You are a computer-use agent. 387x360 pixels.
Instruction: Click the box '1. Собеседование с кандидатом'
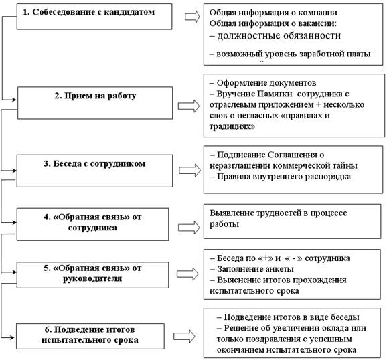[x=94, y=17]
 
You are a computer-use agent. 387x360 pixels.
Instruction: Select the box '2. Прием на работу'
[x=95, y=103]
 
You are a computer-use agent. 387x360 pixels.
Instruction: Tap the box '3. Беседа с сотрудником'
[x=94, y=171]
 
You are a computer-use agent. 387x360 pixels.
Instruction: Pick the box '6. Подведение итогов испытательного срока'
[x=90, y=336]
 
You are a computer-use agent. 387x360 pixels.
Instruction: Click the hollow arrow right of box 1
[x=192, y=17]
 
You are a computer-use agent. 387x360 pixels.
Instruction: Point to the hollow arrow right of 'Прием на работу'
[x=189, y=106]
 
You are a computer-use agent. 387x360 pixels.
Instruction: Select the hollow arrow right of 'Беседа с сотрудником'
[x=189, y=170]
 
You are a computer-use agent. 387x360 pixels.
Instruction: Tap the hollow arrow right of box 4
[x=189, y=228]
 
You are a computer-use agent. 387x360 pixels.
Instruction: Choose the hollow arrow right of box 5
[x=187, y=274]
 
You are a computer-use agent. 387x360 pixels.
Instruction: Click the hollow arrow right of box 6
[x=184, y=336]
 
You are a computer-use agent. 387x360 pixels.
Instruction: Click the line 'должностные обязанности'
[x=275, y=36]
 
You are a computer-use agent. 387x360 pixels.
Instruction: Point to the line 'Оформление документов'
[x=263, y=83]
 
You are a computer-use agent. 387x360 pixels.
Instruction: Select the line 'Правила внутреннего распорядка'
[x=280, y=177]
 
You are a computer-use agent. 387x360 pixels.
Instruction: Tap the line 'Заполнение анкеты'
[x=252, y=269]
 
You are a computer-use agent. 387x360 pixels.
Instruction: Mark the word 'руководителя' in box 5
[x=92, y=279]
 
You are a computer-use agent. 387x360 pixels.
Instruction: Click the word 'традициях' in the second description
[x=232, y=126]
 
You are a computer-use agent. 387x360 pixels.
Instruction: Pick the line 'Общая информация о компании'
[x=273, y=13]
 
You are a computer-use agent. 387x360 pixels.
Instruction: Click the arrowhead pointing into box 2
[x=14, y=100]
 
